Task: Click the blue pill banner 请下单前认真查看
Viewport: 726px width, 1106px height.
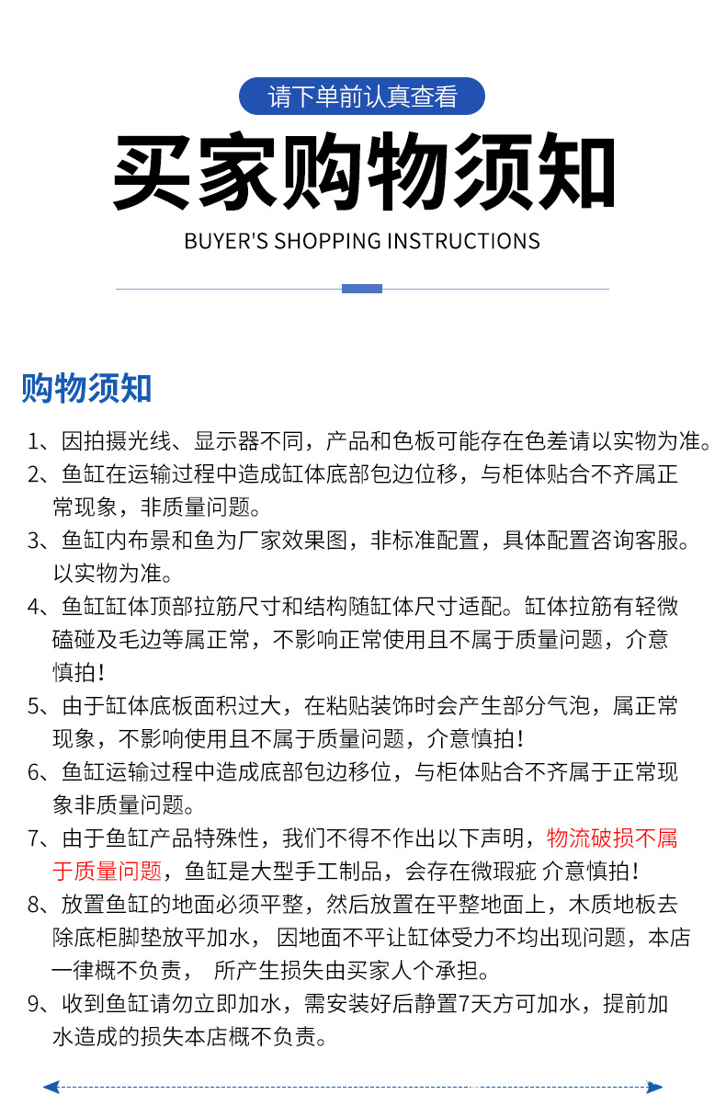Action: pos(362,96)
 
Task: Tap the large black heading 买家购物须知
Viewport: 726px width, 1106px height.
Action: pos(363,174)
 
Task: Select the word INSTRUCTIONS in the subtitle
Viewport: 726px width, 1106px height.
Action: pos(463,242)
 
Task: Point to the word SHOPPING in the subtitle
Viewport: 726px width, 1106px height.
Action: pos(328,242)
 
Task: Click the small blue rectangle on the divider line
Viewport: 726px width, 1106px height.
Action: pos(362,289)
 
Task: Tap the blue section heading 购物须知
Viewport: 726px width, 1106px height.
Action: pos(86,388)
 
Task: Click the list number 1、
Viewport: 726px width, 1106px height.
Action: pos(40,441)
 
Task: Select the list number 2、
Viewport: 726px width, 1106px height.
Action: pos(40,474)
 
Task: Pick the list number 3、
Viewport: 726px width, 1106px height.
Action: pos(40,541)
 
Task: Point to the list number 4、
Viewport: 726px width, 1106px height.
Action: pos(40,607)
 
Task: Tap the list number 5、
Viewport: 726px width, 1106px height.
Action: pos(40,706)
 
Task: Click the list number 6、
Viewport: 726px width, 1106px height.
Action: pos(40,772)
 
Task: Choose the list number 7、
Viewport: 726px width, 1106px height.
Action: pos(40,838)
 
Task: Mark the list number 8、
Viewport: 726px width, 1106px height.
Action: pos(40,905)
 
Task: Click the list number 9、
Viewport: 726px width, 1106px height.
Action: pos(40,1004)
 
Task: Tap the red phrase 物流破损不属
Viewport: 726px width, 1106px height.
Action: pos(612,838)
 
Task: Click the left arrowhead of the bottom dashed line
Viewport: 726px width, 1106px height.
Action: pos(51,1087)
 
